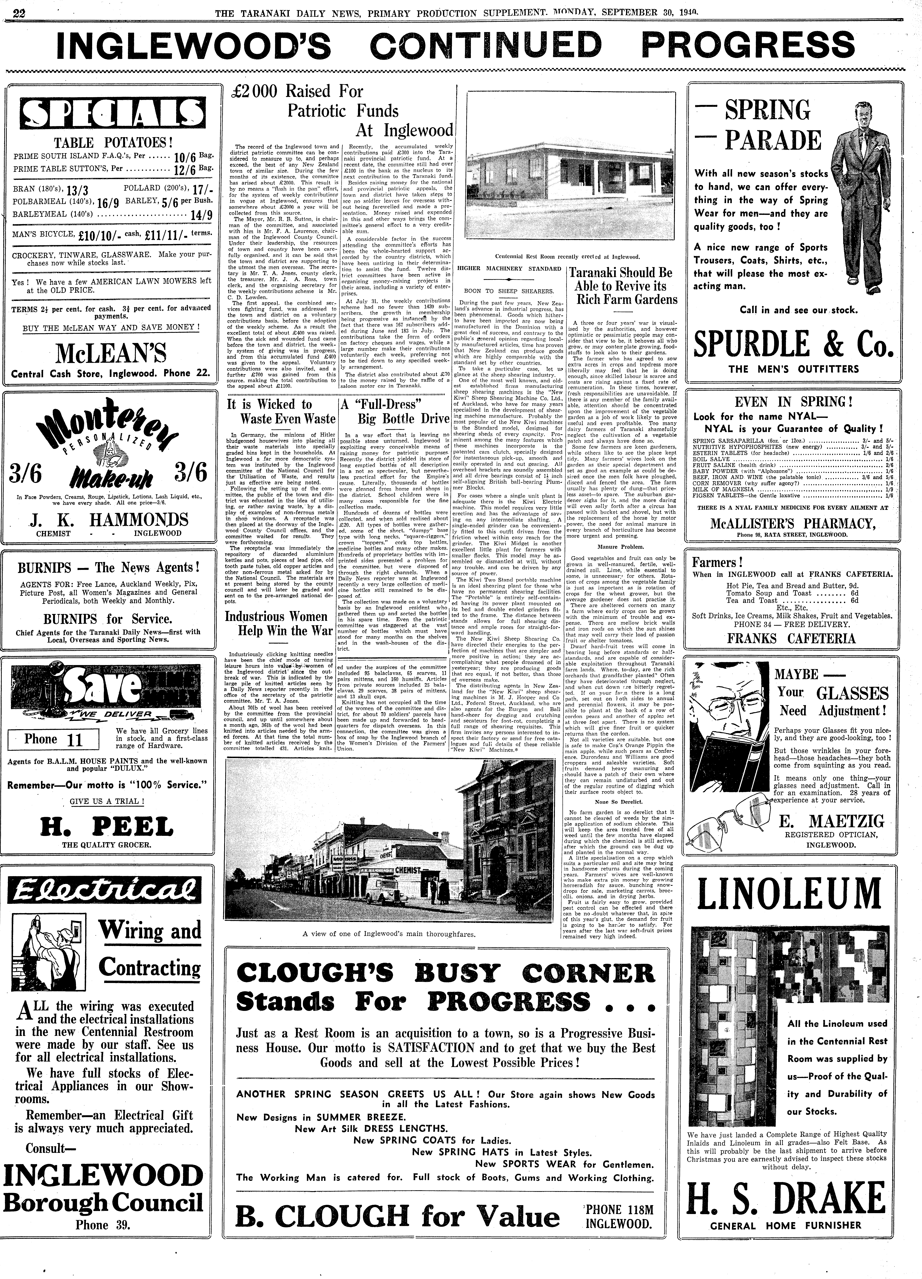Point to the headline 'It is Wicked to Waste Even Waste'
[x=280, y=411]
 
